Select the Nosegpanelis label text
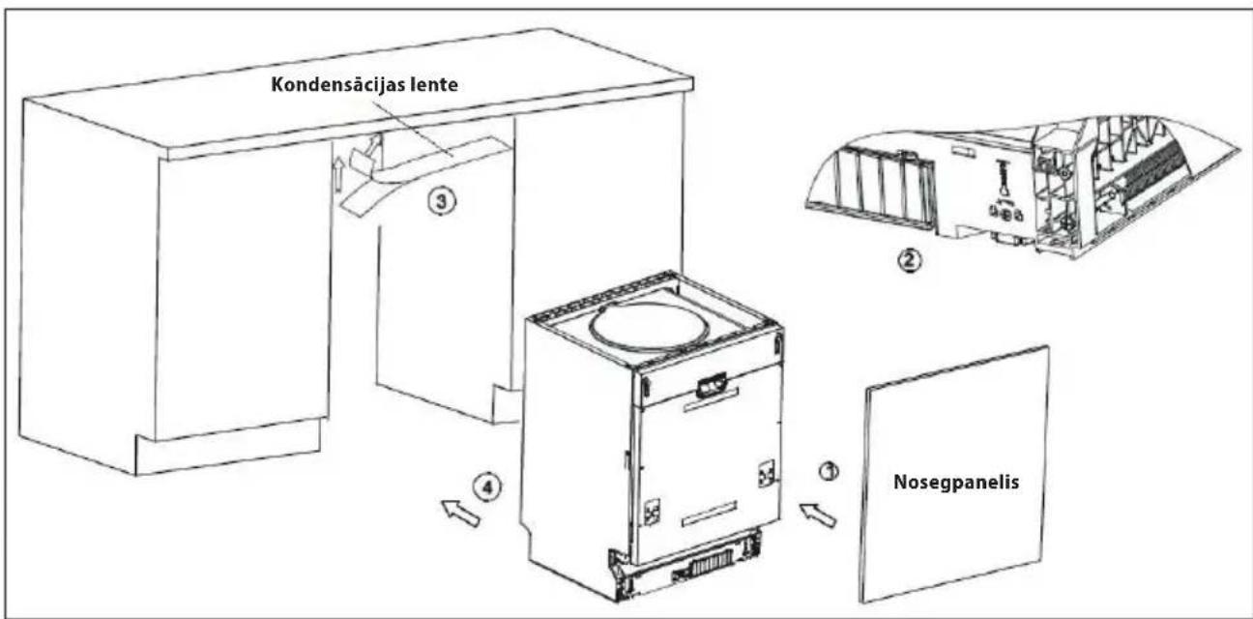click(956, 483)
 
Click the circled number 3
click(442, 201)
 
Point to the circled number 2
click(909, 260)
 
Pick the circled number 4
click(488, 488)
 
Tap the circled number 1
click(829, 471)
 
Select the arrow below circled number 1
click(818, 515)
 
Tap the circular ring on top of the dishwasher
click(650, 326)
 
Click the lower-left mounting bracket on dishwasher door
click(652, 511)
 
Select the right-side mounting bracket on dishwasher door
click(766, 474)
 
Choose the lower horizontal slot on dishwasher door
click(710, 515)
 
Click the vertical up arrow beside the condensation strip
click(337, 176)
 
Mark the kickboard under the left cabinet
click(227, 447)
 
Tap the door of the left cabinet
click(241, 291)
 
